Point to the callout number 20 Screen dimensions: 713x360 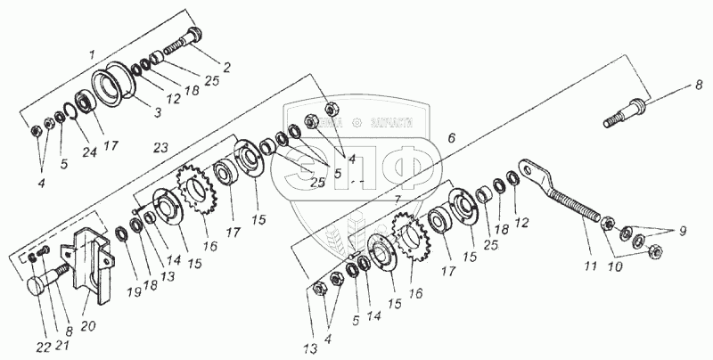pyautogui.click(x=88, y=299)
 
